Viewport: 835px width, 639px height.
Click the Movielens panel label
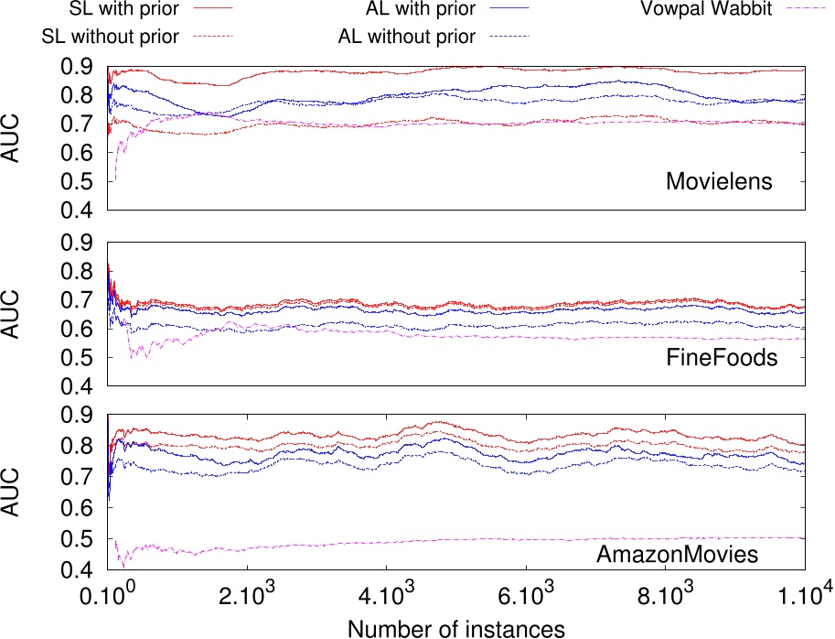tap(719, 181)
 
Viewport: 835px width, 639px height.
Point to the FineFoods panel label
tap(723, 357)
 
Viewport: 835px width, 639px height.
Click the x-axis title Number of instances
tap(455, 627)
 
